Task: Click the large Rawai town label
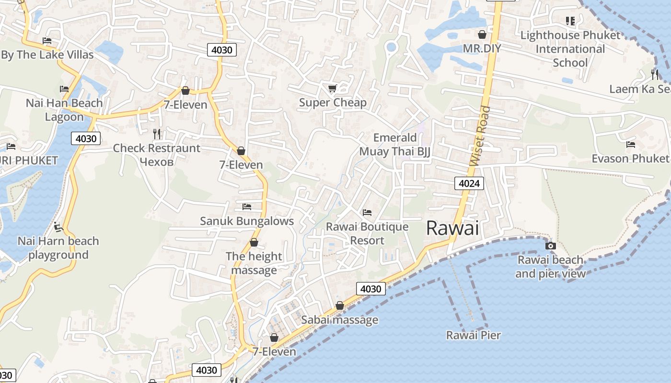click(452, 228)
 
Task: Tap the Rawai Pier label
click(474, 335)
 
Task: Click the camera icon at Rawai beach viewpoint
click(550, 246)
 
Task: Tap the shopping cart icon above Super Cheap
click(332, 88)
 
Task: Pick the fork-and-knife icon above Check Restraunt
click(157, 134)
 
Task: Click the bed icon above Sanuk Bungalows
click(247, 206)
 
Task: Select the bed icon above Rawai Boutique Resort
click(367, 212)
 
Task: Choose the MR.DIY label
click(482, 48)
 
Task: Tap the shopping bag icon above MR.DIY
click(482, 34)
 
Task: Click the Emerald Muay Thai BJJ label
click(395, 145)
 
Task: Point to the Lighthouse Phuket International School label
click(570, 49)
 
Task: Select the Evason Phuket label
click(630, 158)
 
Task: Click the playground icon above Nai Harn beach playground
click(58, 226)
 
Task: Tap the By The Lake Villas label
click(47, 55)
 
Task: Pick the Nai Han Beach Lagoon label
click(64, 110)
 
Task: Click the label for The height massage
click(254, 263)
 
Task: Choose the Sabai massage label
click(339, 320)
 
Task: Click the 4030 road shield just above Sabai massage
click(370, 289)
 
